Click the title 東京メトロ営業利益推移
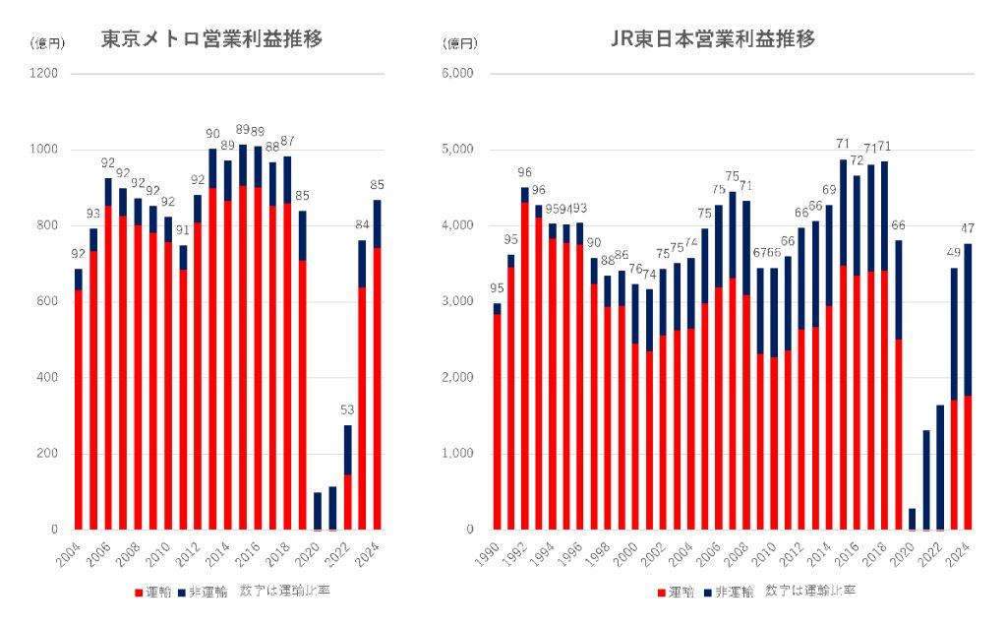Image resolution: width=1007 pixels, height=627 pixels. pyautogui.click(x=212, y=39)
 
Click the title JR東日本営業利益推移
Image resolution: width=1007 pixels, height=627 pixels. pyautogui.click(x=713, y=39)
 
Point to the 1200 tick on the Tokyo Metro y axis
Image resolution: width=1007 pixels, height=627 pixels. pyautogui.click(x=43, y=74)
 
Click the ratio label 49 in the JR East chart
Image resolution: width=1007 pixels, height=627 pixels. pyautogui.click(x=954, y=252)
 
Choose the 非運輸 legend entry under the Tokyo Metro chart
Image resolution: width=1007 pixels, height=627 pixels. pyautogui.click(x=204, y=592)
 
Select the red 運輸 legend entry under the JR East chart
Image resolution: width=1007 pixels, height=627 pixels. pyautogui.click(x=676, y=592)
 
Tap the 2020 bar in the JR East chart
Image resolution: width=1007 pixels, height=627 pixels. pyautogui.click(x=911, y=519)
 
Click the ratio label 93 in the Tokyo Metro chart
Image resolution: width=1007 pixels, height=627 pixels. pyautogui.click(x=94, y=214)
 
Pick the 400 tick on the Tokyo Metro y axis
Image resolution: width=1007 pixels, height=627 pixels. pyautogui.click(x=46, y=378)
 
